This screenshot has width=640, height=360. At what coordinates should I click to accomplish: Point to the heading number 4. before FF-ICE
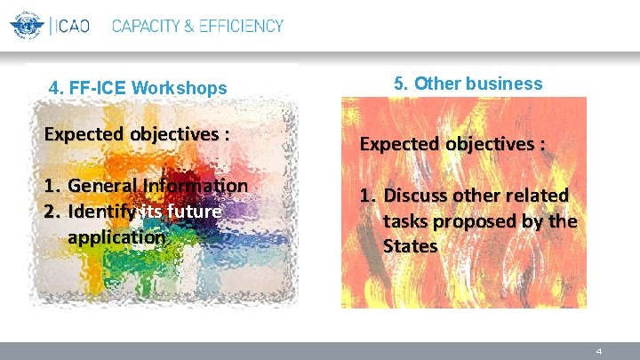(57, 88)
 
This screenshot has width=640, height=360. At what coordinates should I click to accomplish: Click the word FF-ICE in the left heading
(97, 88)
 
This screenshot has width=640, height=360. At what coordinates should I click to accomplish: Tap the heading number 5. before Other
(400, 84)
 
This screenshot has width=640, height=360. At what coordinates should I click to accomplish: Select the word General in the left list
(100, 186)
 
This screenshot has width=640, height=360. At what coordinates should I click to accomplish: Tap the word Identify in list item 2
(100, 212)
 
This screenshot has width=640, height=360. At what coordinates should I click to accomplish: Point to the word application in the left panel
(116, 237)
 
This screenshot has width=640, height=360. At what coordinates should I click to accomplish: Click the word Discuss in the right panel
(418, 196)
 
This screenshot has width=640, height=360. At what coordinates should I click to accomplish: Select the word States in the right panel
(410, 245)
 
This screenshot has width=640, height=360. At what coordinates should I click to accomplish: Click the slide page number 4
(599, 351)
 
